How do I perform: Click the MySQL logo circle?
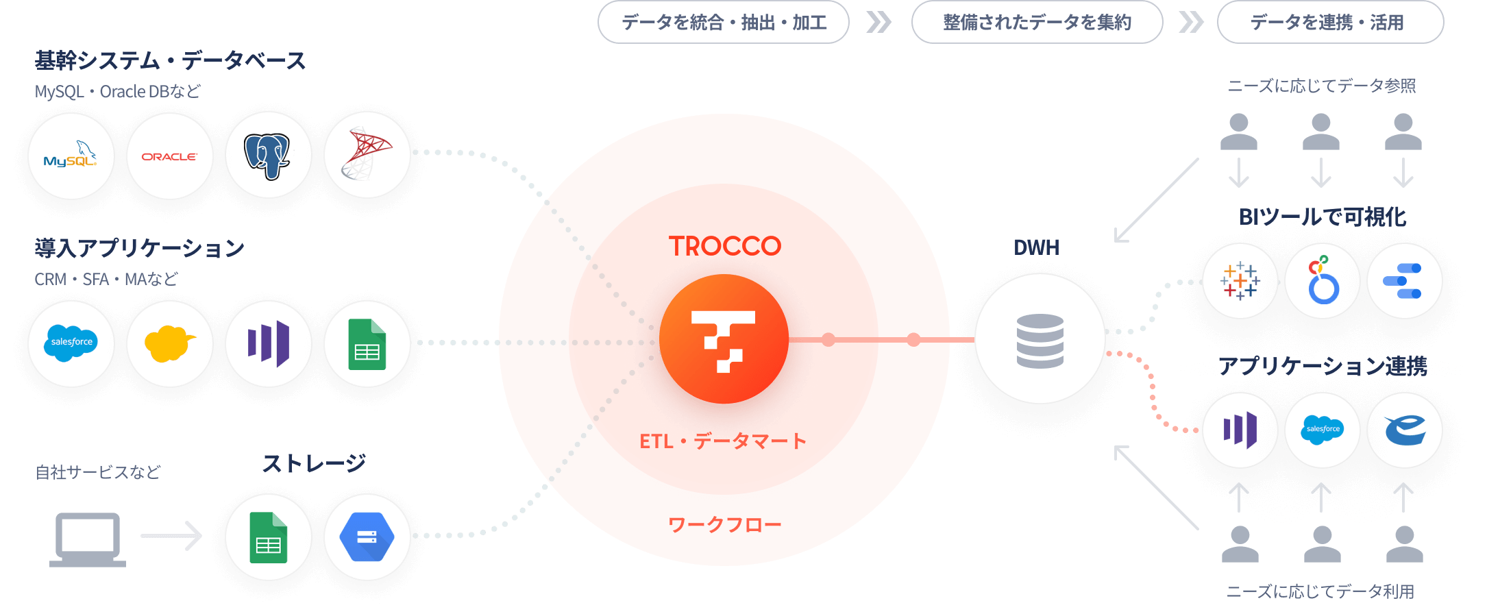(71, 156)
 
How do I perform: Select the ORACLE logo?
(169, 156)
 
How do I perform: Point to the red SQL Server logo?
(367, 155)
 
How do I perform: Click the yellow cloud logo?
(169, 343)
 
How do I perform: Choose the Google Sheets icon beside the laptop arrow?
(268, 537)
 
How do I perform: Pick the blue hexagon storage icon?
(367, 537)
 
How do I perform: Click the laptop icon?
(88, 539)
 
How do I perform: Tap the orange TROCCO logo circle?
(724, 339)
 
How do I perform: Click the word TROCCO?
(724, 246)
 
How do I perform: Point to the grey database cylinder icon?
(1040, 341)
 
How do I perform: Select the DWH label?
(1036, 247)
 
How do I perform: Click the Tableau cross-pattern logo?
(1240, 281)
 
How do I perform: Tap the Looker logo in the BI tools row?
(1323, 281)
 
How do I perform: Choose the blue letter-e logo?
(1404, 430)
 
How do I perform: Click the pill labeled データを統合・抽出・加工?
(724, 23)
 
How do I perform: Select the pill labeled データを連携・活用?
(1330, 23)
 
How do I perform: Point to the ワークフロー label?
(724, 525)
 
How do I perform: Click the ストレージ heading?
(314, 464)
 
